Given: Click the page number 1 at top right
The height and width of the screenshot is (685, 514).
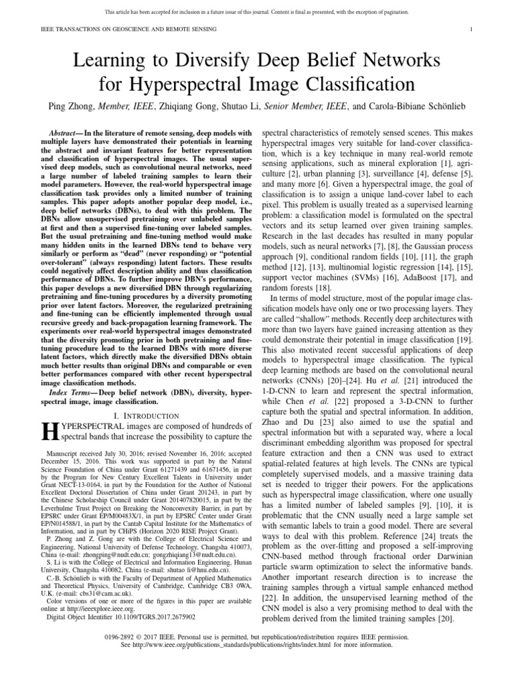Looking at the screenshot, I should [x=473, y=29].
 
